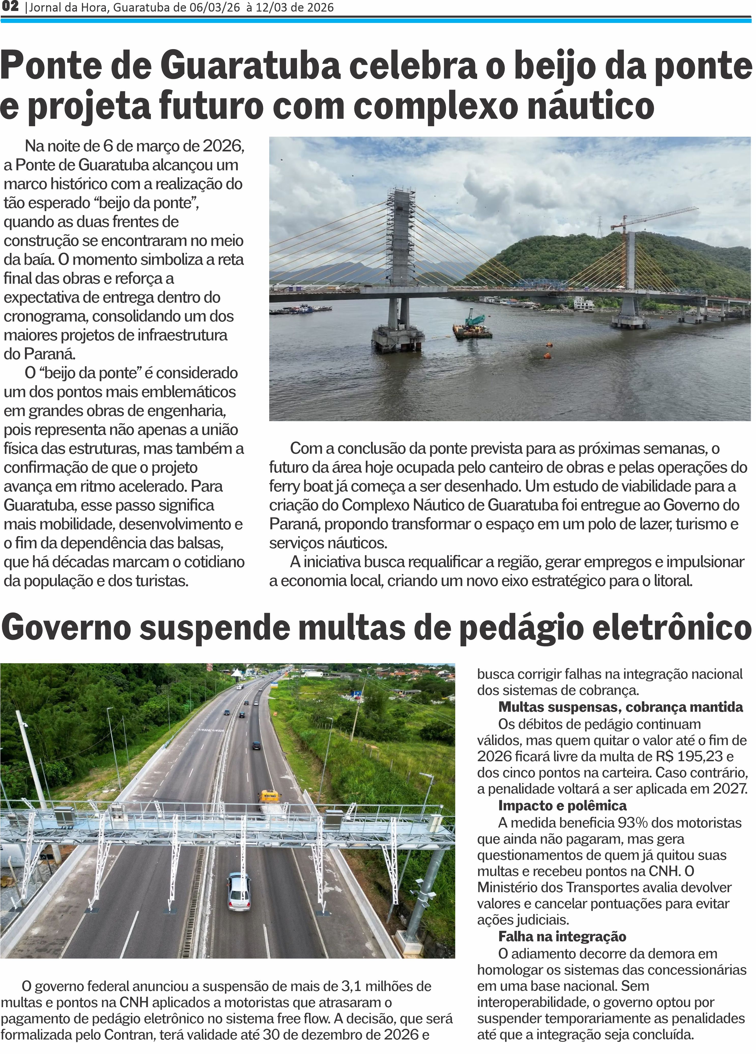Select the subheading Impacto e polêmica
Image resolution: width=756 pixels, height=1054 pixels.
click(562, 805)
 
